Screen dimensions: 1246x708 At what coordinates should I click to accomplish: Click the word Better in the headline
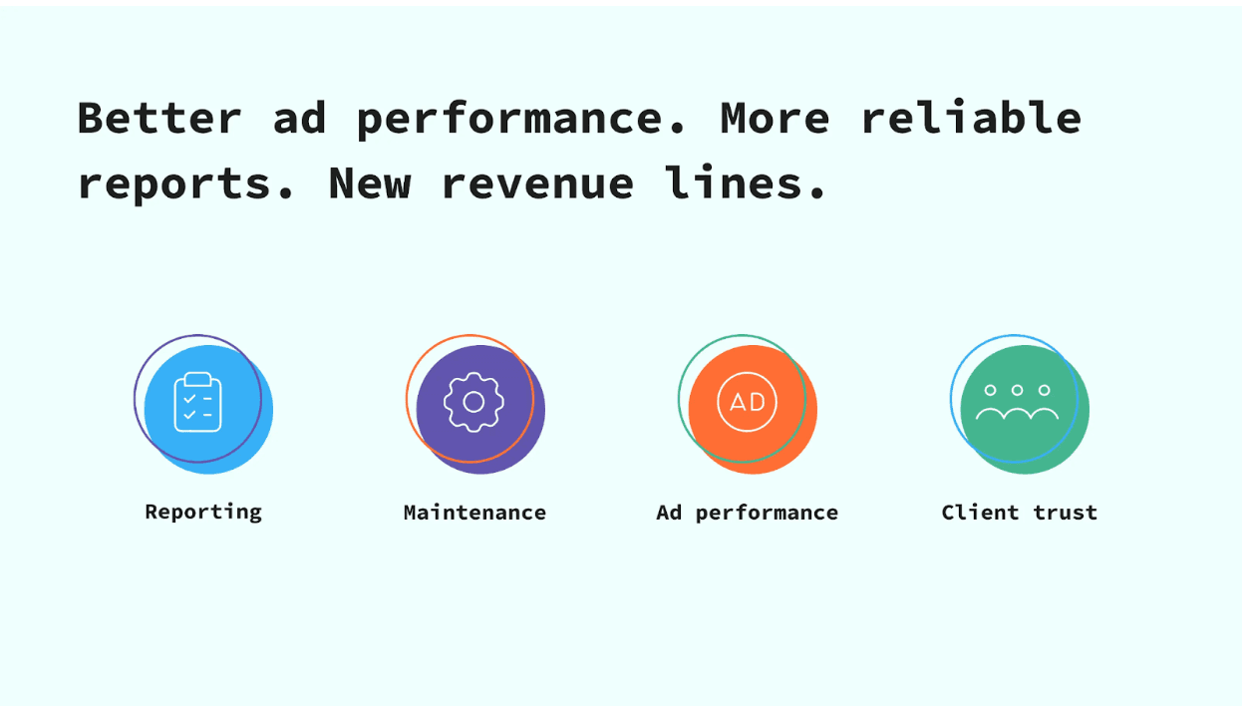click(159, 118)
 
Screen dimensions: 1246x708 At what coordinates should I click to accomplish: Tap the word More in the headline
click(775, 118)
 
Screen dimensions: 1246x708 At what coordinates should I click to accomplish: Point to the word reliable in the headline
click(971, 117)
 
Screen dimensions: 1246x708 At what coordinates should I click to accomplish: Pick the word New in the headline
click(370, 182)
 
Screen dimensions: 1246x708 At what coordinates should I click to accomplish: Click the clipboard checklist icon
click(198, 402)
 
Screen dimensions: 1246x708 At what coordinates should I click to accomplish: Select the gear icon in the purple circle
click(473, 402)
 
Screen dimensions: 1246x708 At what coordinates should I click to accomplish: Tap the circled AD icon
click(747, 402)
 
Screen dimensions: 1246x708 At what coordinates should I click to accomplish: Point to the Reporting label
click(203, 513)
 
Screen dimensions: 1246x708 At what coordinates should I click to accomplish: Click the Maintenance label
click(475, 513)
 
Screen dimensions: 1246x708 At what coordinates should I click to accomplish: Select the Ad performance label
click(747, 514)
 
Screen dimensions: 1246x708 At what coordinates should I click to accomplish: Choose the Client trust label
click(1020, 513)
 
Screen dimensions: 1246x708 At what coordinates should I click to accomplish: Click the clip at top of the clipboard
click(198, 379)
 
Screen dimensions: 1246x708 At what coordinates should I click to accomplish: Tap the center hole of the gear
click(473, 402)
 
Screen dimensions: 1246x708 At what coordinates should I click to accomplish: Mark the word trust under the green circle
click(1066, 513)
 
